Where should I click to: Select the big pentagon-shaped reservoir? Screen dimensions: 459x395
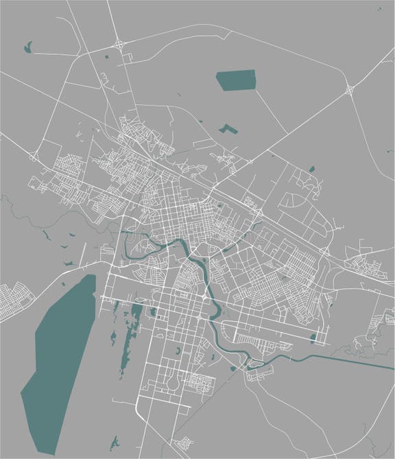click(235, 81)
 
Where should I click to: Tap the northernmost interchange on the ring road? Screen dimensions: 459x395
click(120, 45)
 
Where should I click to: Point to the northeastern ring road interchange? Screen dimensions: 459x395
click(350, 89)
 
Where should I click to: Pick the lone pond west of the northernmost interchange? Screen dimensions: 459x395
click(28, 47)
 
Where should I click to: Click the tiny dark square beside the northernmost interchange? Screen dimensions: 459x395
click(107, 55)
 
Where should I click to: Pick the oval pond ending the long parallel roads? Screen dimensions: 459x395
click(313, 337)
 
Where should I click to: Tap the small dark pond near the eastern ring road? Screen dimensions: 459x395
click(312, 168)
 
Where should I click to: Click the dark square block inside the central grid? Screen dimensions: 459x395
click(219, 203)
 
